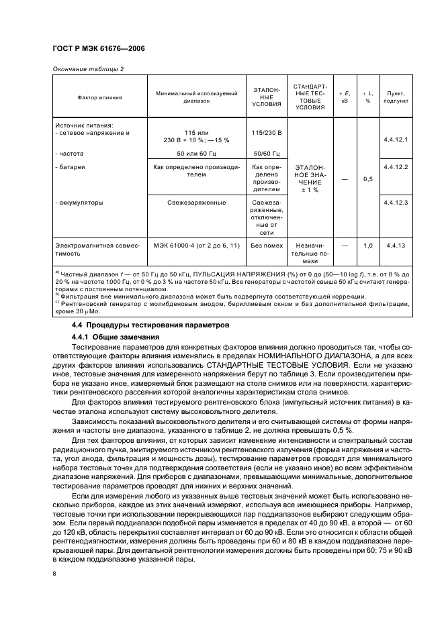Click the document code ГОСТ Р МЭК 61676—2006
[x=99, y=49]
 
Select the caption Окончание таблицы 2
[x=87, y=69]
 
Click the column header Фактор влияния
[x=99, y=97]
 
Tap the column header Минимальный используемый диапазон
[x=196, y=97]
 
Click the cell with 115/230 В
[x=266, y=133]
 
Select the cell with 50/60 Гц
[x=266, y=154]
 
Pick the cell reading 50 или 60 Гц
[x=196, y=154]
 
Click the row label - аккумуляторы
[x=79, y=201]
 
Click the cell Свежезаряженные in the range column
[x=196, y=201]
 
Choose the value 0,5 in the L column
[x=367, y=179]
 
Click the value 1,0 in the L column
[x=367, y=246]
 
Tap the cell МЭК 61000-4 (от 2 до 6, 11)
[x=196, y=246]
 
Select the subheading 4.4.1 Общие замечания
[x=116, y=336]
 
